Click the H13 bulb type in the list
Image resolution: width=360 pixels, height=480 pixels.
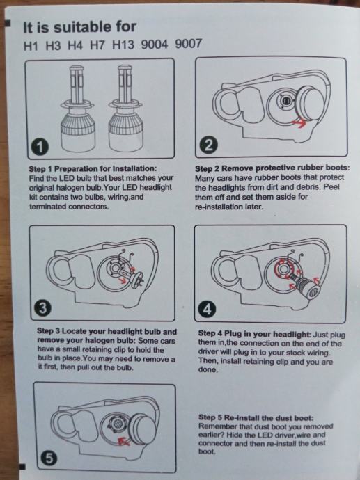(x=123, y=45)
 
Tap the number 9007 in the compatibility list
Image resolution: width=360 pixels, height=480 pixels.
(x=189, y=44)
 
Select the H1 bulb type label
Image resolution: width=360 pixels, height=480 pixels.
(x=31, y=46)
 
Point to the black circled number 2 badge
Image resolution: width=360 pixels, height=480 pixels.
(x=208, y=145)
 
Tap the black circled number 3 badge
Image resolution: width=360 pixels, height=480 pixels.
(x=43, y=308)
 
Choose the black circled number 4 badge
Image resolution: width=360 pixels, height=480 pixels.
(x=207, y=310)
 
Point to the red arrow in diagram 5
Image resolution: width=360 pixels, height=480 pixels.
(x=124, y=442)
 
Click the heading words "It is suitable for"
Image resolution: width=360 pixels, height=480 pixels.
(x=79, y=27)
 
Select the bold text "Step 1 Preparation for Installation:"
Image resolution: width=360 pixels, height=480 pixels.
(x=93, y=168)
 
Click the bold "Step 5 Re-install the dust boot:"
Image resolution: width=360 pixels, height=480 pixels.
(x=256, y=417)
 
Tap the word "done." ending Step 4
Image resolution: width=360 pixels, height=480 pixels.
(x=208, y=370)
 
